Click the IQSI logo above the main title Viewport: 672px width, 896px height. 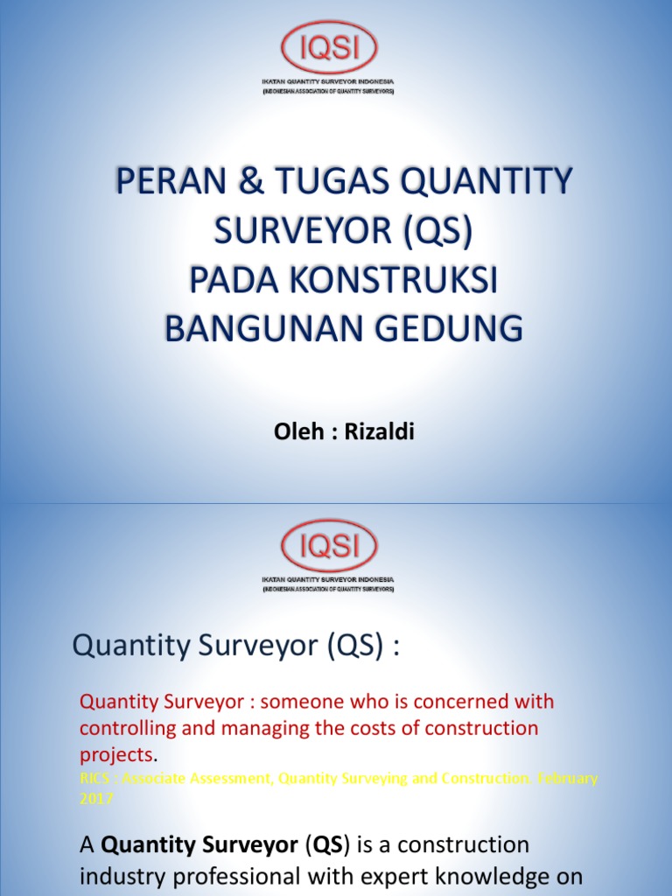328,47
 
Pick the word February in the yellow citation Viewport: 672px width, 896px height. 568,778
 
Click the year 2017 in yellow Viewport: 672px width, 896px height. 96,798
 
